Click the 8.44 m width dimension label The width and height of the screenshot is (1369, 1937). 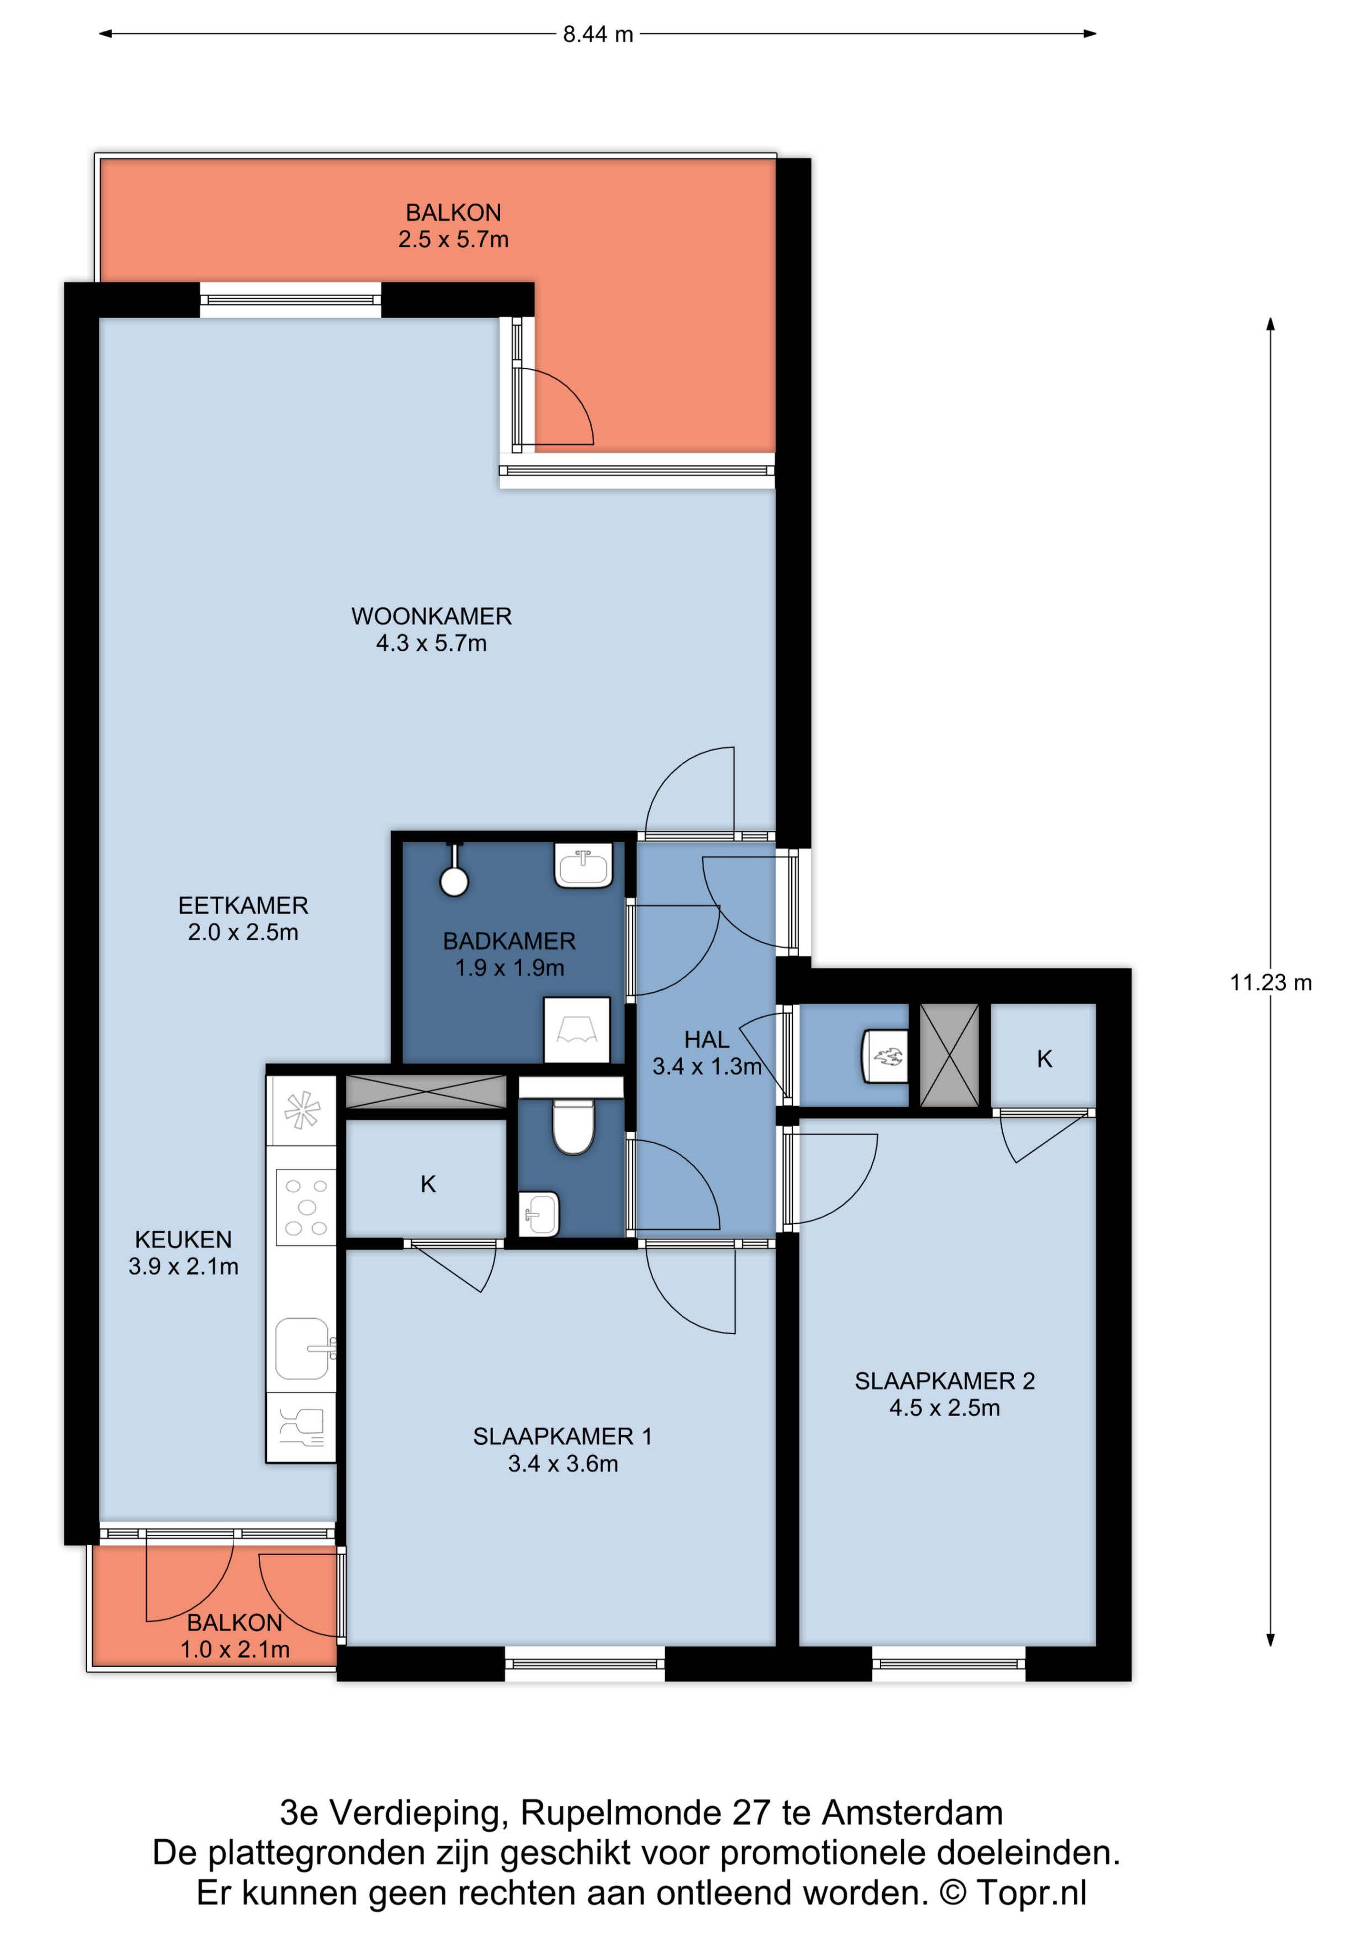[598, 35]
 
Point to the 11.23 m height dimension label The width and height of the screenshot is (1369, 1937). [1270, 983]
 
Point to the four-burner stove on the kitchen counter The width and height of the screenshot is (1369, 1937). [306, 1207]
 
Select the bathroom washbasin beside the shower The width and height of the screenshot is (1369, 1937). [583, 866]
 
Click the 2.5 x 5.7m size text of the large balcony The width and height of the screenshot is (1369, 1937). [454, 240]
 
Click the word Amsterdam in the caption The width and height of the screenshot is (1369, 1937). [913, 1812]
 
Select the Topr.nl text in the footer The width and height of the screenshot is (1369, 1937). [1032, 1892]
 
